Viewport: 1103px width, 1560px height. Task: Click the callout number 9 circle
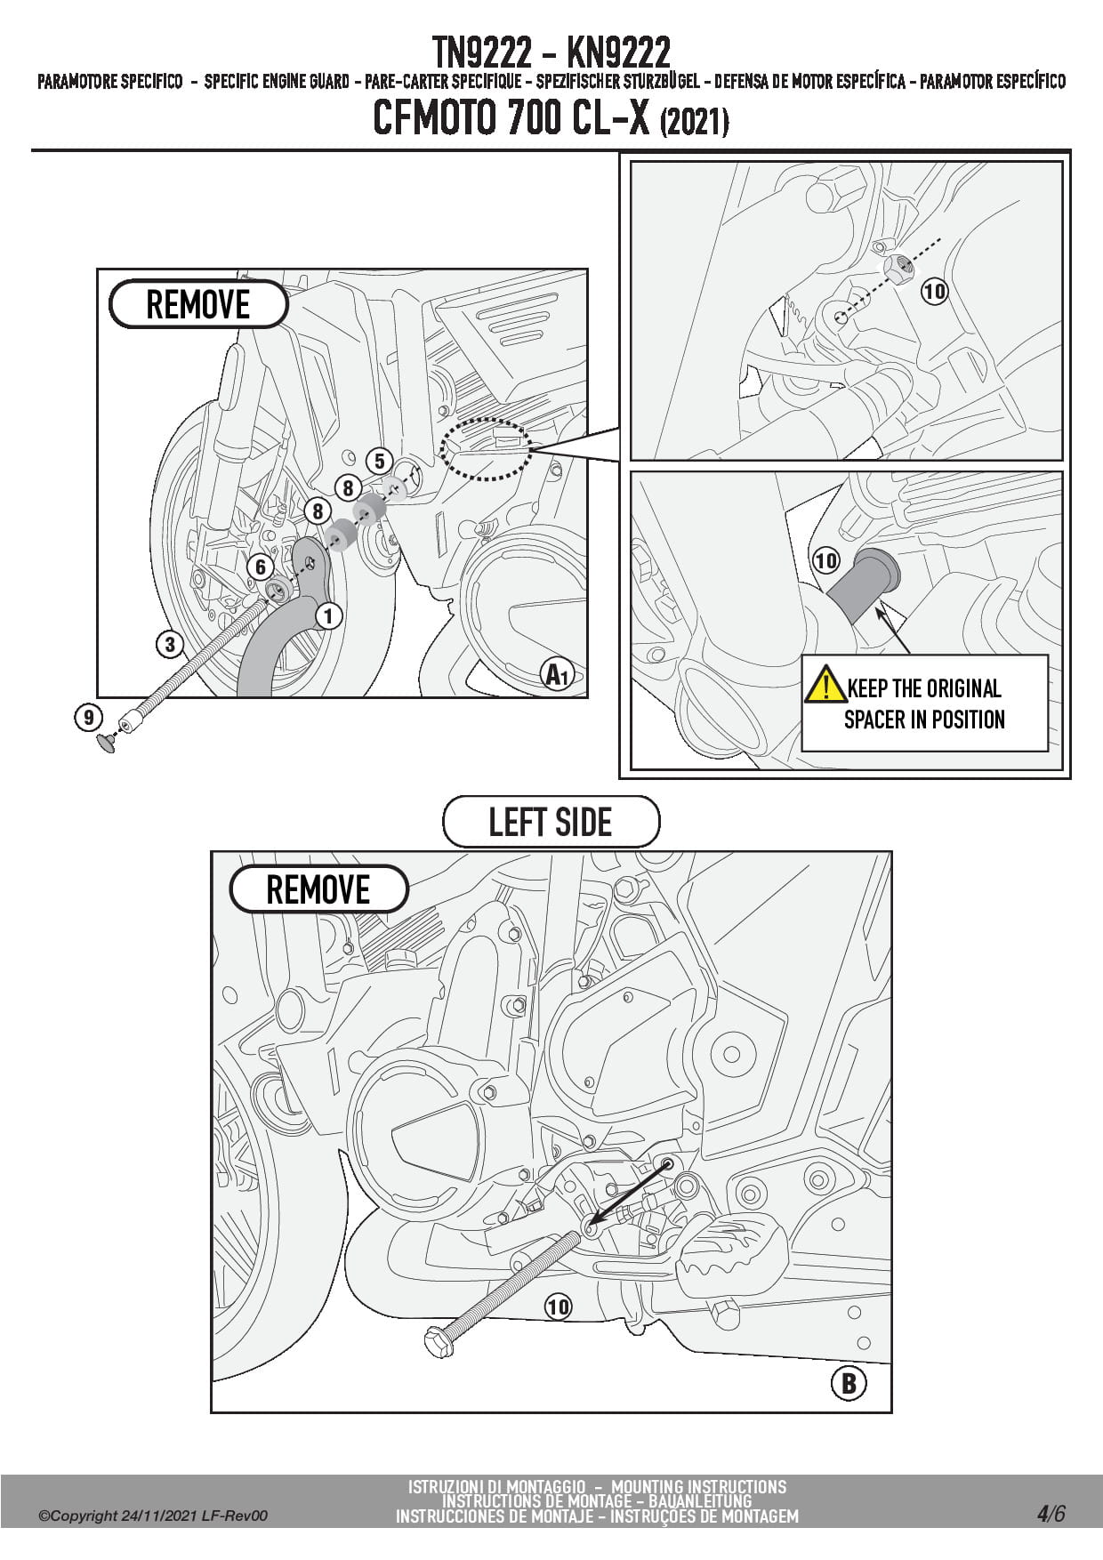[x=88, y=717]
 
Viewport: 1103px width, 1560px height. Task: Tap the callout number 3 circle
[x=170, y=644]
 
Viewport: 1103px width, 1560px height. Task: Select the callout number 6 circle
[x=260, y=567]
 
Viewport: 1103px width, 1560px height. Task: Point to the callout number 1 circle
[x=328, y=615]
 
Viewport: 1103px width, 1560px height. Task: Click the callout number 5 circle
[x=380, y=461]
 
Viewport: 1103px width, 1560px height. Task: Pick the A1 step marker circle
[x=557, y=675]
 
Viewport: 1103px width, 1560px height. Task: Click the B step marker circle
[x=848, y=1383]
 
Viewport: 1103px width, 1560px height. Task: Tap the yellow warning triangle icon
[x=825, y=685]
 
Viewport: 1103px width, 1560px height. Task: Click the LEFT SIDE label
[x=551, y=822]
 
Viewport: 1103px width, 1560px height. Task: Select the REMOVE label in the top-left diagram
[x=198, y=305]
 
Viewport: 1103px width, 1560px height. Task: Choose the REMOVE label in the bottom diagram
[x=318, y=889]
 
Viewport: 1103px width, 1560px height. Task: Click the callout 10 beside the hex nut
[x=934, y=291]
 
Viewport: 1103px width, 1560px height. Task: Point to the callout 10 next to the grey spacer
[x=826, y=560]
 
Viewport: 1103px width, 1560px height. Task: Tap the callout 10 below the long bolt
[x=558, y=1307]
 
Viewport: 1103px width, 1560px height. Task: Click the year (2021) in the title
[x=694, y=122]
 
